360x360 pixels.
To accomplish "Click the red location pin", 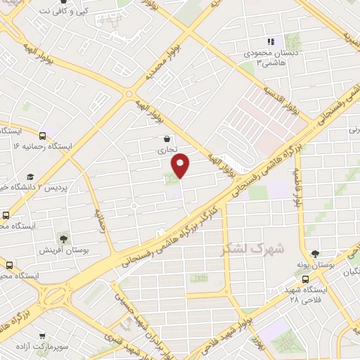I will [181, 166].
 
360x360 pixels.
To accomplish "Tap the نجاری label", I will [166, 150].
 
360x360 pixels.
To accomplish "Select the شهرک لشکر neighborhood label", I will [252, 249].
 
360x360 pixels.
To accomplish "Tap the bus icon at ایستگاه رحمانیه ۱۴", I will [44, 136].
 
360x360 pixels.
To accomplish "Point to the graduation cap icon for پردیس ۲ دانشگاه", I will [30, 176].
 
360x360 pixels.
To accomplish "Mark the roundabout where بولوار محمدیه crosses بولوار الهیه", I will [128, 94].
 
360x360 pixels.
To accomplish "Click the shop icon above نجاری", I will [166, 139].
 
